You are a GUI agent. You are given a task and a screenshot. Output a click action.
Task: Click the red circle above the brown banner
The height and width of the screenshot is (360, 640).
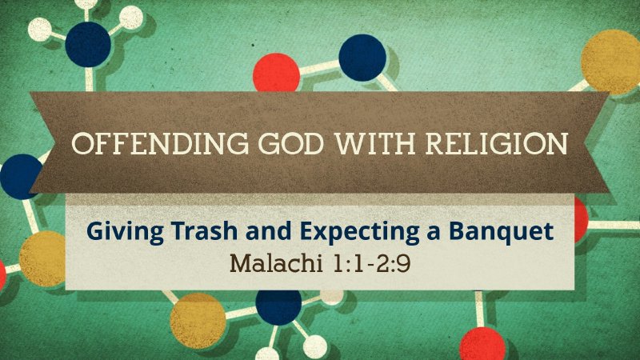point(276,73)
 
